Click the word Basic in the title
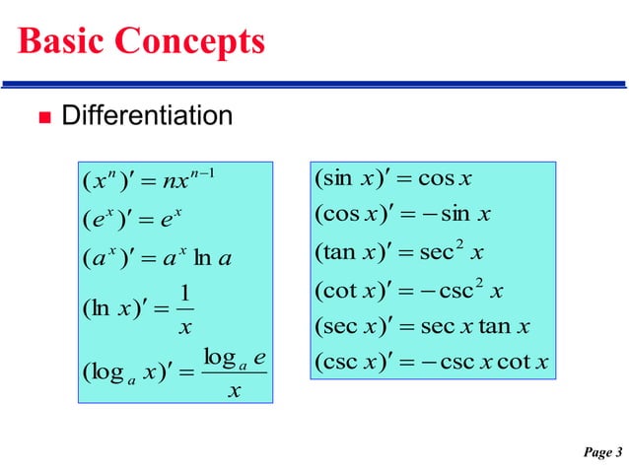coord(60,41)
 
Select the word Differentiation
coord(147,117)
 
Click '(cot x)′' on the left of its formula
coord(354,291)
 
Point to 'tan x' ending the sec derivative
coord(510,327)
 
